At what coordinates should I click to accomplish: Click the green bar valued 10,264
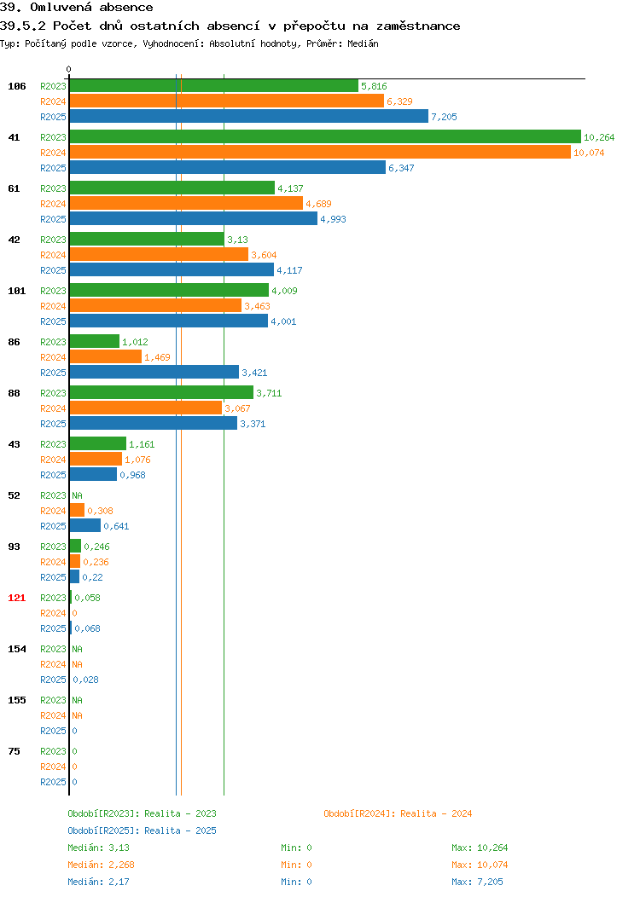point(325,136)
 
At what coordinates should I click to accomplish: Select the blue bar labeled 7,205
point(249,116)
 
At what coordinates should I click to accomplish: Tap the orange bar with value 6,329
point(227,101)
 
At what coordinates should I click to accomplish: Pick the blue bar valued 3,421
point(154,372)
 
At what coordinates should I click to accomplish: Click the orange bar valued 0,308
point(78,510)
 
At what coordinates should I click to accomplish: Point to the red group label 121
point(16,598)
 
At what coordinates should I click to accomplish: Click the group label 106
point(16,86)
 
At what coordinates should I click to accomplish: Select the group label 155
point(16,700)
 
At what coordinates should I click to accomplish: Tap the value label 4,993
point(333,219)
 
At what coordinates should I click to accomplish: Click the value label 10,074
point(589,153)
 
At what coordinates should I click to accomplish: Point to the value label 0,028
point(86,680)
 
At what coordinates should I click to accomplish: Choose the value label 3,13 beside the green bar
point(237,240)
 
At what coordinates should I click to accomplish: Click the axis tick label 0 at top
point(69,69)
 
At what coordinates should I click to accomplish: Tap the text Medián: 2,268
point(102,865)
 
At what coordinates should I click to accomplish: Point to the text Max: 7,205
point(477,883)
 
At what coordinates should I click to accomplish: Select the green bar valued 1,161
point(98,443)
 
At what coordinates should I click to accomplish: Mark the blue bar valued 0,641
point(85,525)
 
